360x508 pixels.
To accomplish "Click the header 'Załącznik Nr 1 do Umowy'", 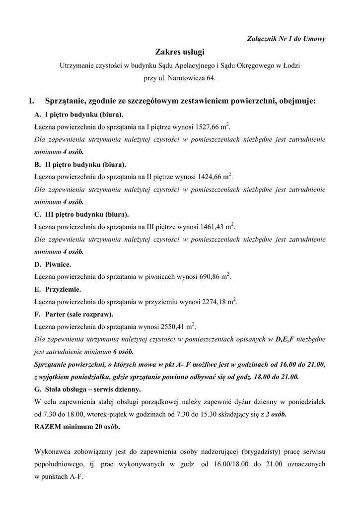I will click(x=286, y=39).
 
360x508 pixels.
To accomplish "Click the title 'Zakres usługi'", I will click(x=180, y=52).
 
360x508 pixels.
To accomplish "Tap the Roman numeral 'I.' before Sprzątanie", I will click(x=32, y=101).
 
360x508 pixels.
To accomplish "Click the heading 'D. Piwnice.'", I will click(x=53, y=264).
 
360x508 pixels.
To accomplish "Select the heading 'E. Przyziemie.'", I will click(x=58, y=289).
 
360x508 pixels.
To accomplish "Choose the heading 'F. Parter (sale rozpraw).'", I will click(x=73, y=314).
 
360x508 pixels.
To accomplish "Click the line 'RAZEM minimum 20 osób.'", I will click(x=77, y=426).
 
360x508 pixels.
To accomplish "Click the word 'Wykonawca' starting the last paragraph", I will click(x=53, y=451).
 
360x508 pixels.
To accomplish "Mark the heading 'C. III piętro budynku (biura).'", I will click(x=81, y=214).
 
